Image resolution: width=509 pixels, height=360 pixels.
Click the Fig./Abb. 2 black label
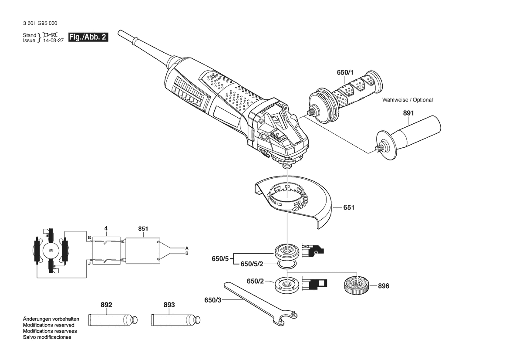pyautogui.click(x=88, y=37)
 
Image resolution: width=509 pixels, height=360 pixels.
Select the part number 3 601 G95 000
pyautogui.click(x=40, y=24)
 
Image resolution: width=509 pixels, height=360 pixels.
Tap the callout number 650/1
pyautogui.click(x=345, y=72)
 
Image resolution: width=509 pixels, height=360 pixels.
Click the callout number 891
pyautogui.click(x=408, y=113)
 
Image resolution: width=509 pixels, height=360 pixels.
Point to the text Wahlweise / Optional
pyautogui.click(x=408, y=100)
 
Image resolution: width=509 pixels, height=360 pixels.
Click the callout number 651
pyautogui.click(x=349, y=207)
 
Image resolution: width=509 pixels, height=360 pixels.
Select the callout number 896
pyautogui.click(x=383, y=286)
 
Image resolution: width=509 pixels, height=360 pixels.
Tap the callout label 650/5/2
pyautogui.click(x=252, y=264)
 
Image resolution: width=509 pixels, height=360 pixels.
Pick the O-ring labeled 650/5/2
pyautogui.click(x=287, y=265)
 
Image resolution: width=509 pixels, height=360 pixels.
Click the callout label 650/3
pyautogui.click(x=212, y=300)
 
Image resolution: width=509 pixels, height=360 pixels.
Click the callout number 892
pyautogui.click(x=106, y=305)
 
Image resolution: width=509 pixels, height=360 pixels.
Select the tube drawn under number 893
pyautogui.click(x=176, y=320)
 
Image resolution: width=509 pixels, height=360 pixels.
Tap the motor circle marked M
pyautogui.click(x=51, y=250)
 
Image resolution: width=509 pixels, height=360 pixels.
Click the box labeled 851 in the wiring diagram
pyautogui.click(x=143, y=251)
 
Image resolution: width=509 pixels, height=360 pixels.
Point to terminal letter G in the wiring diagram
pyautogui.click(x=89, y=238)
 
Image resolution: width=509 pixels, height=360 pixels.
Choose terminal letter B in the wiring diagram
pyautogui.click(x=187, y=253)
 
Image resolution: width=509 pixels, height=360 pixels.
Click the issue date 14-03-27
pyautogui.click(x=54, y=40)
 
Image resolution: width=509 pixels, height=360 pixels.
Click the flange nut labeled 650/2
pyautogui.click(x=287, y=285)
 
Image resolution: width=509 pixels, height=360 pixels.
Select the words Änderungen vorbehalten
pyautogui.click(x=51, y=319)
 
